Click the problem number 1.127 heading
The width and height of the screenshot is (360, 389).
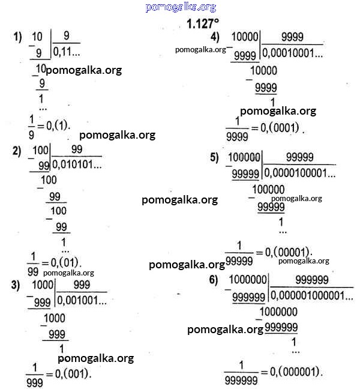point(203,24)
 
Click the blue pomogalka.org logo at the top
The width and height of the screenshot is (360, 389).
point(181,7)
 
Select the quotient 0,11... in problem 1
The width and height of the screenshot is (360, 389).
point(67,52)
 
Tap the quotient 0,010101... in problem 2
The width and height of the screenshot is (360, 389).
point(77,164)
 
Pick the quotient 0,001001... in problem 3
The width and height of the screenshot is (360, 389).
point(82,300)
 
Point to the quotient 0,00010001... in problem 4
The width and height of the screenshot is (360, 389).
point(293,53)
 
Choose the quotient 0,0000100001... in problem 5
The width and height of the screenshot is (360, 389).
point(300,173)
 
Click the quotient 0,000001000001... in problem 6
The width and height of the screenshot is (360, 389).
point(312,295)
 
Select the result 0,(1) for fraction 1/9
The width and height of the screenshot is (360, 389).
point(58,126)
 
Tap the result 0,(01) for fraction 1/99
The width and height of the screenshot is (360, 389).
point(66,262)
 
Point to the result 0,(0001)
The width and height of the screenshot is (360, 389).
point(282,128)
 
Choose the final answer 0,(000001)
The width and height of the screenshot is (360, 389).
point(296,372)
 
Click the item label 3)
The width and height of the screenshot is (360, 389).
point(16,285)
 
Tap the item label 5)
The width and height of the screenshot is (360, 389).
point(214,158)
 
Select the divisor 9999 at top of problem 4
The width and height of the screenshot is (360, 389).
point(292,37)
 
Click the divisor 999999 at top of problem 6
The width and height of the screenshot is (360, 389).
point(312,280)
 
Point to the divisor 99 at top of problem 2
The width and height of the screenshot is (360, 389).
point(77,149)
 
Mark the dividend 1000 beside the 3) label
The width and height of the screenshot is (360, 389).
point(43,285)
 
